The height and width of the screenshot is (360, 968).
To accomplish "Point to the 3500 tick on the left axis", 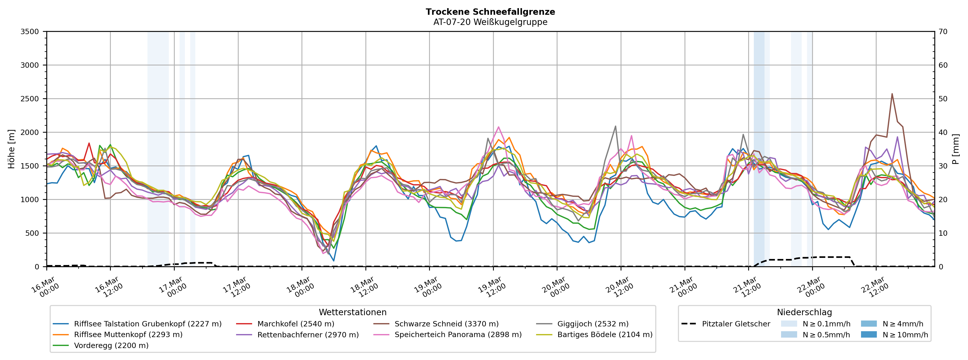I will click(30, 32).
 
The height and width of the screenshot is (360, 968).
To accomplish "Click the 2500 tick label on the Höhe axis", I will click(30, 99).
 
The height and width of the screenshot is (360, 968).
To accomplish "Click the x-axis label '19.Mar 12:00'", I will click(492, 287).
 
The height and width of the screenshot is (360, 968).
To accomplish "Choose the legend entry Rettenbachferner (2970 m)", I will click(308, 335).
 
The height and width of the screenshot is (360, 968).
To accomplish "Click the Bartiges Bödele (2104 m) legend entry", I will click(605, 335).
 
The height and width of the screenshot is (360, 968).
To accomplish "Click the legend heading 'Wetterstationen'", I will click(352, 312).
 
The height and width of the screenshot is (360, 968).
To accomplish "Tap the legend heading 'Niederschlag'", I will click(804, 312).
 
